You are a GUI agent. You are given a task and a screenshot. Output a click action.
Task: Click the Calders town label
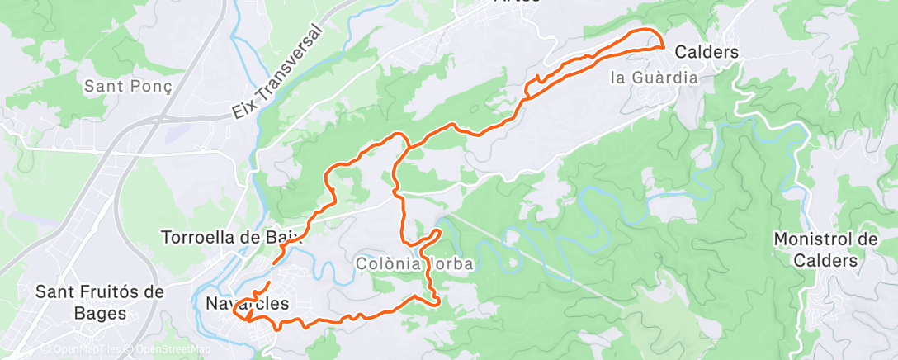click(x=707, y=51)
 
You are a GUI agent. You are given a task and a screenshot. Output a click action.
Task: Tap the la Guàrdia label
click(x=654, y=78)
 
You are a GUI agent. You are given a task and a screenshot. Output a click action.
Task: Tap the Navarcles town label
click(x=246, y=304)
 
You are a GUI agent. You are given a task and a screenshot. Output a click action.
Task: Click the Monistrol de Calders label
click(x=825, y=248)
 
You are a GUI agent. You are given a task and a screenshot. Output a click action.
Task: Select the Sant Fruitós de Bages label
click(x=100, y=302)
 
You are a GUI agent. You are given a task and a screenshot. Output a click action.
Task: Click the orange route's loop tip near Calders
click(x=664, y=46)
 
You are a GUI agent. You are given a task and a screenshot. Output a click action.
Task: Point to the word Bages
click(x=100, y=313)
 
